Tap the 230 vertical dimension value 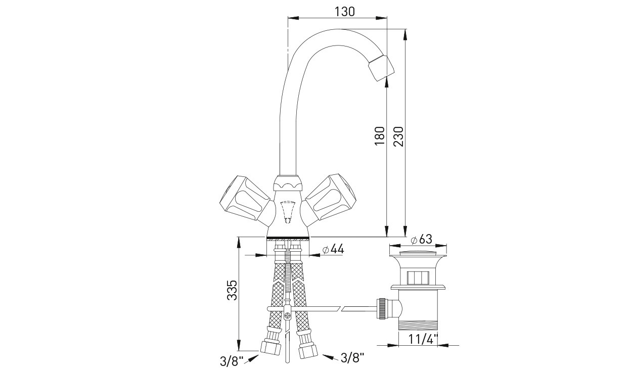398,136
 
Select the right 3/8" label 353,358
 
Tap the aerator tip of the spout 381,68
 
